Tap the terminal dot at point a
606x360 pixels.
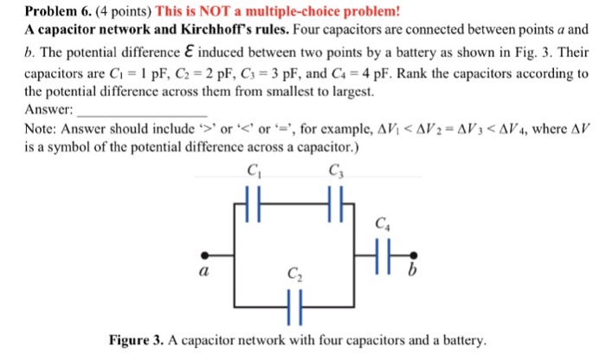pos(204,255)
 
